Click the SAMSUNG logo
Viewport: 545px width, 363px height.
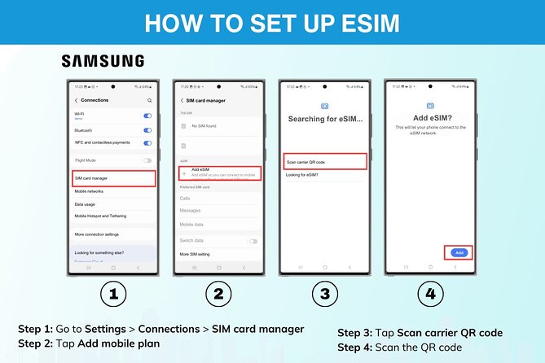103,61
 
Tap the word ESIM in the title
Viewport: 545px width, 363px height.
359,23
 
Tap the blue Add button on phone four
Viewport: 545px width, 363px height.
459,252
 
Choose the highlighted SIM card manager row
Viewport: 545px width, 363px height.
113,177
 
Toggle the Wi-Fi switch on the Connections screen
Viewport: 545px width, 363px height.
147,116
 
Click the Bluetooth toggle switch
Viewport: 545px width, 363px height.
147,130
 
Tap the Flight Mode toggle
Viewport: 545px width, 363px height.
147,160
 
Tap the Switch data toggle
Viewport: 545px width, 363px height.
253,242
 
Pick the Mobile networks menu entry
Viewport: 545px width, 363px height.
90,191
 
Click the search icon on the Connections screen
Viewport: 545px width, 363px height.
149,100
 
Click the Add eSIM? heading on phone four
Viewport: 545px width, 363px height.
429,118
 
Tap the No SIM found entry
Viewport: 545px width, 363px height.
204,126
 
